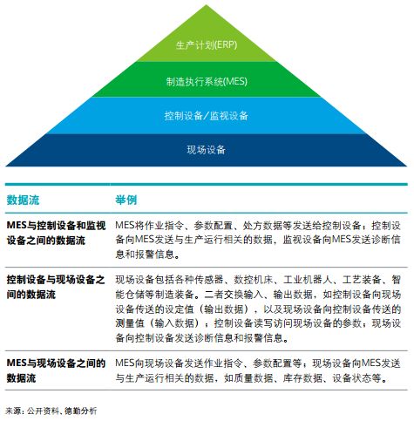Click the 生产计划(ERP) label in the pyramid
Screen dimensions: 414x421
coord(207,45)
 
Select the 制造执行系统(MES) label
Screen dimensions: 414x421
coord(207,81)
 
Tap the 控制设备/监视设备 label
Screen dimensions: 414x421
coord(207,116)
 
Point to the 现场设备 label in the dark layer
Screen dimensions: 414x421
coord(207,150)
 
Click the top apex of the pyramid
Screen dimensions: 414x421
coord(207,5)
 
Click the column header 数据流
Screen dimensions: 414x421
coord(23,200)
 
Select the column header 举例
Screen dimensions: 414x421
coord(126,200)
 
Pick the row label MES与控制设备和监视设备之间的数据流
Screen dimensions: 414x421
coord(56,233)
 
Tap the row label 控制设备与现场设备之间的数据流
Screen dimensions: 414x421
coord(56,288)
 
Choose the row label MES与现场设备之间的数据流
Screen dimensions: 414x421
coord(56,370)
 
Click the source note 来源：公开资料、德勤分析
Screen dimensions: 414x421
coord(51,411)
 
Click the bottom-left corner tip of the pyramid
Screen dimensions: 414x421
coord(6,166)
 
